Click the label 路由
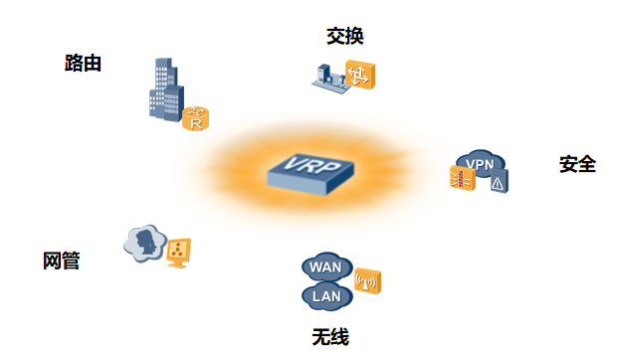click(83, 64)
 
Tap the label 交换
click(344, 37)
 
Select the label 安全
click(577, 164)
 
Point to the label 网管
click(61, 262)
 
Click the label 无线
click(330, 337)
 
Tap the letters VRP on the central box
click(309, 163)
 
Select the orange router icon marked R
click(196, 119)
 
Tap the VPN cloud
click(480, 162)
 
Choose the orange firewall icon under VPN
click(463, 179)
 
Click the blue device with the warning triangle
click(499, 181)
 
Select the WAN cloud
click(324, 267)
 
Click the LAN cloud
click(325, 295)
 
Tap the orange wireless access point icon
click(367, 281)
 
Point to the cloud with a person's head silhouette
click(145, 243)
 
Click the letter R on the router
click(196, 123)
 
